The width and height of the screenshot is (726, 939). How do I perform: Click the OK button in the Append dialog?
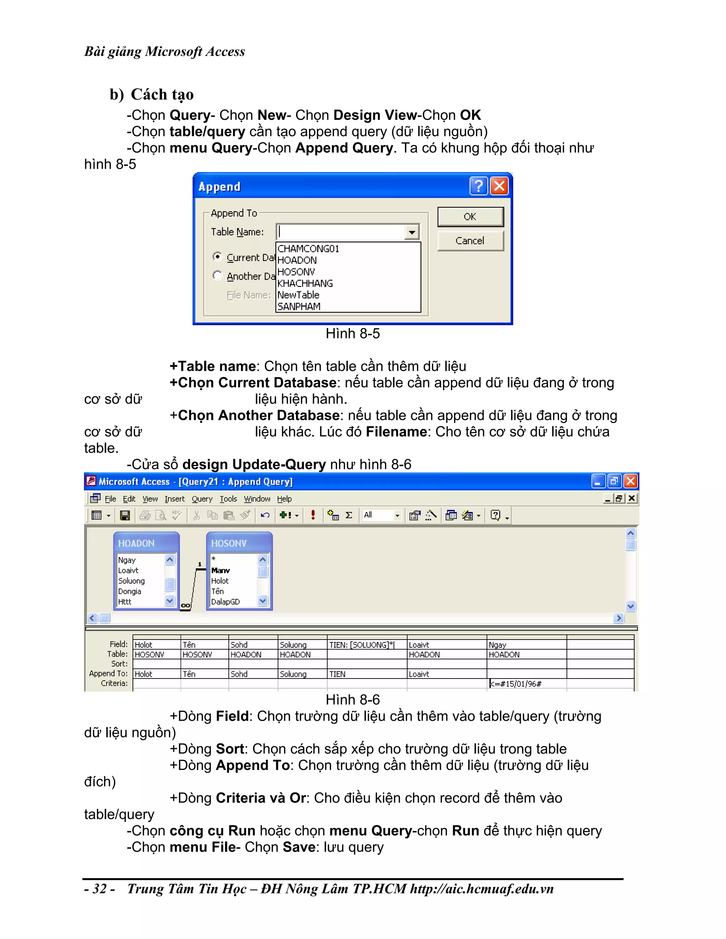tap(470, 217)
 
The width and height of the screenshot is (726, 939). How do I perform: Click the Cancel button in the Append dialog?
tap(470, 241)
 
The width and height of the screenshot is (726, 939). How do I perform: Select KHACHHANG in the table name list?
tap(305, 284)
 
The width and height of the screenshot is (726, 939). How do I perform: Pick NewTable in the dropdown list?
tap(298, 295)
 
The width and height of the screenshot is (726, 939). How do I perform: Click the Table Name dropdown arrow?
tap(412, 232)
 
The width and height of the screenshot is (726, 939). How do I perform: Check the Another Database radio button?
tap(218, 275)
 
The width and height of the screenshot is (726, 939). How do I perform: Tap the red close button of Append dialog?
tap(499, 186)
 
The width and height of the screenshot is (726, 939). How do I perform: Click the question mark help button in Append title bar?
tap(478, 186)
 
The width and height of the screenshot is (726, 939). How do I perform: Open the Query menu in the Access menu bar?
tap(202, 499)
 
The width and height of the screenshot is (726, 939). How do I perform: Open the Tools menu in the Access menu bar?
tap(228, 499)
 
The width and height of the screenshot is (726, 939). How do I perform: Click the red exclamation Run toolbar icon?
tap(313, 515)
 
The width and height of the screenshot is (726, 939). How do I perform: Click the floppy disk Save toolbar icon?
tap(125, 515)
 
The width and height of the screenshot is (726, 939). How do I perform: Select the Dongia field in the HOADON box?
tap(129, 591)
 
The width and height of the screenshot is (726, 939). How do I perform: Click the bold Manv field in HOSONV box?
tap(220, 570)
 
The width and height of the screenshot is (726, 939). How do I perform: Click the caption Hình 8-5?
tap(353, 334)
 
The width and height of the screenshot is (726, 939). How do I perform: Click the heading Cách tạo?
tap(162, 95)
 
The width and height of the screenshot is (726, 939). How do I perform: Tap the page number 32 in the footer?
tap(100, 889)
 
